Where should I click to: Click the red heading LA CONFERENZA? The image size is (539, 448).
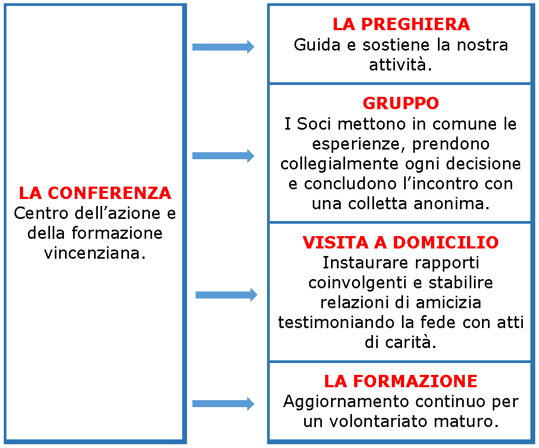(95, 193)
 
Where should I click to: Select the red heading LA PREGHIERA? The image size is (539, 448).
(401, 24)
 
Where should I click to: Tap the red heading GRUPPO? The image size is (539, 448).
(401, 103)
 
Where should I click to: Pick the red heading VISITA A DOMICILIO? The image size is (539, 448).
(400, 242)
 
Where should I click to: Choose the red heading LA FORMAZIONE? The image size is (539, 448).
(400, 381)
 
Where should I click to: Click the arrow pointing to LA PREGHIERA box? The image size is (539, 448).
(223, 47)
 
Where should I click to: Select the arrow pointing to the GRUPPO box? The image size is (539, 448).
(223, 156)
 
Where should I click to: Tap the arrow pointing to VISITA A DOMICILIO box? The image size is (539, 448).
(227, 295)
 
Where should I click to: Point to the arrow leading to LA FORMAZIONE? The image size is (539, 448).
(223, 403)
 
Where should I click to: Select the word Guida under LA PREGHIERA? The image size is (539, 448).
(317, 45)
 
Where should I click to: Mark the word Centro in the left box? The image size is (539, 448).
(41, 214)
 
